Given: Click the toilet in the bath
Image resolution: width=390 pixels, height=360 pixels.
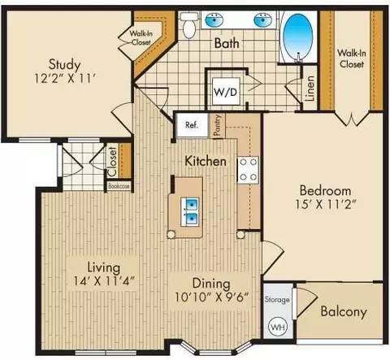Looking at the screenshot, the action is (x=188, y=25).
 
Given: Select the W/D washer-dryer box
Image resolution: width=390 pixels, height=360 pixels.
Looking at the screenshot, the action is (x=226, y=92).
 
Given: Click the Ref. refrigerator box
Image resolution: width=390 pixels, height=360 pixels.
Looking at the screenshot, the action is (x=192, y=125).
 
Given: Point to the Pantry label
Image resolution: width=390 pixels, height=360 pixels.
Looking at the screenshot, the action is (x=218, y=125).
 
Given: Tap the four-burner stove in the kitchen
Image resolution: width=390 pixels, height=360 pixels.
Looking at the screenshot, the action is (x=248, y=170).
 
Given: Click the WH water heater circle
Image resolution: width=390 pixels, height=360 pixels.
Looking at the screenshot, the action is (x=278, y=327).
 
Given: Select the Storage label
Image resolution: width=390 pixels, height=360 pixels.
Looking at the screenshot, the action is (x=277, y=300).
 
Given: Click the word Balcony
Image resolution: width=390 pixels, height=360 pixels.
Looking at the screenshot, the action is (x=344, y=311).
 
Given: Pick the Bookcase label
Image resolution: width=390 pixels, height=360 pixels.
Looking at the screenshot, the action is (x=119, y=186).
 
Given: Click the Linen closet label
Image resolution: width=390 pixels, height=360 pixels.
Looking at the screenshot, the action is (x=310, y=89).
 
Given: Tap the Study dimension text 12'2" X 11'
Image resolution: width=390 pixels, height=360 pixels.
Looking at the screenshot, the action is (x=66, y=79).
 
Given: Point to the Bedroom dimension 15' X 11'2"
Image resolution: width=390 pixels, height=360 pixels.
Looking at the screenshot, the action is (x=326, y=205).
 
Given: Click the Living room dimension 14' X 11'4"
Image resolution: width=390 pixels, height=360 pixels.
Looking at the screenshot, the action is (x=104, y=281).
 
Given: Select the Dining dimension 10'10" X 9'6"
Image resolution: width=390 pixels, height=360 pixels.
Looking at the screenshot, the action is (x=211, y=297).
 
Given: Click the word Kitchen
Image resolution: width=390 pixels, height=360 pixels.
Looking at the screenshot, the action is (x=206, y=161).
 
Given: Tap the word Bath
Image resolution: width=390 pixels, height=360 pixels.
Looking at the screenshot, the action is (x=227, y=43).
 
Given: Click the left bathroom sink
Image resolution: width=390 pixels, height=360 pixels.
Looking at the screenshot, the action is (x=214, y=20).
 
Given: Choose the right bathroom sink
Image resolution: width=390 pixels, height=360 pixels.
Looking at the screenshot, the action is (x=262, y=20).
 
